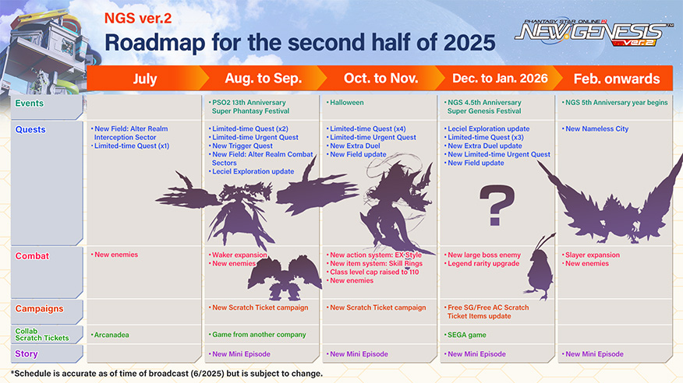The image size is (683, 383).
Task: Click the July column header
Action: click(145, 79)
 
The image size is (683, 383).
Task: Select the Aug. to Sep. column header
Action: click(263, 79)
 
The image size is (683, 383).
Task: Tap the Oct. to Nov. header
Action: click(380, 79)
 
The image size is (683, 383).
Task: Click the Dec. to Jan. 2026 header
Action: click(500, 79)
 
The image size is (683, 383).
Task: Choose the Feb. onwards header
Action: click(617, 79)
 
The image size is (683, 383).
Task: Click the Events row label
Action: click(29, 104)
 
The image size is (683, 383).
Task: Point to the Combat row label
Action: click(32, 256)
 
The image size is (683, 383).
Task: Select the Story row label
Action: click(27, 354)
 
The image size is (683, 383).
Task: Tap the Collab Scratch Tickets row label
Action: click(42, 334)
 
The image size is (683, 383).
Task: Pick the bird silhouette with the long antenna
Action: click(540, 269)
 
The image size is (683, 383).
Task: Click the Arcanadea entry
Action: click(111, 335)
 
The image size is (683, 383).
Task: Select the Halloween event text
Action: click(346, 103)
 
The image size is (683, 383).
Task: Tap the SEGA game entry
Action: click(466, 335)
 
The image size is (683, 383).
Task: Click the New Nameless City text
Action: click(596, 128)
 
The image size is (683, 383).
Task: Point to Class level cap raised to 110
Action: click(373, 272)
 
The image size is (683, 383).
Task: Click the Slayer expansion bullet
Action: click(592, 255)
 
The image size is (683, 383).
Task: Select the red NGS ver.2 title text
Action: click(138, 18)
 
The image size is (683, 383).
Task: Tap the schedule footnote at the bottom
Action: click(167, 374)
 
